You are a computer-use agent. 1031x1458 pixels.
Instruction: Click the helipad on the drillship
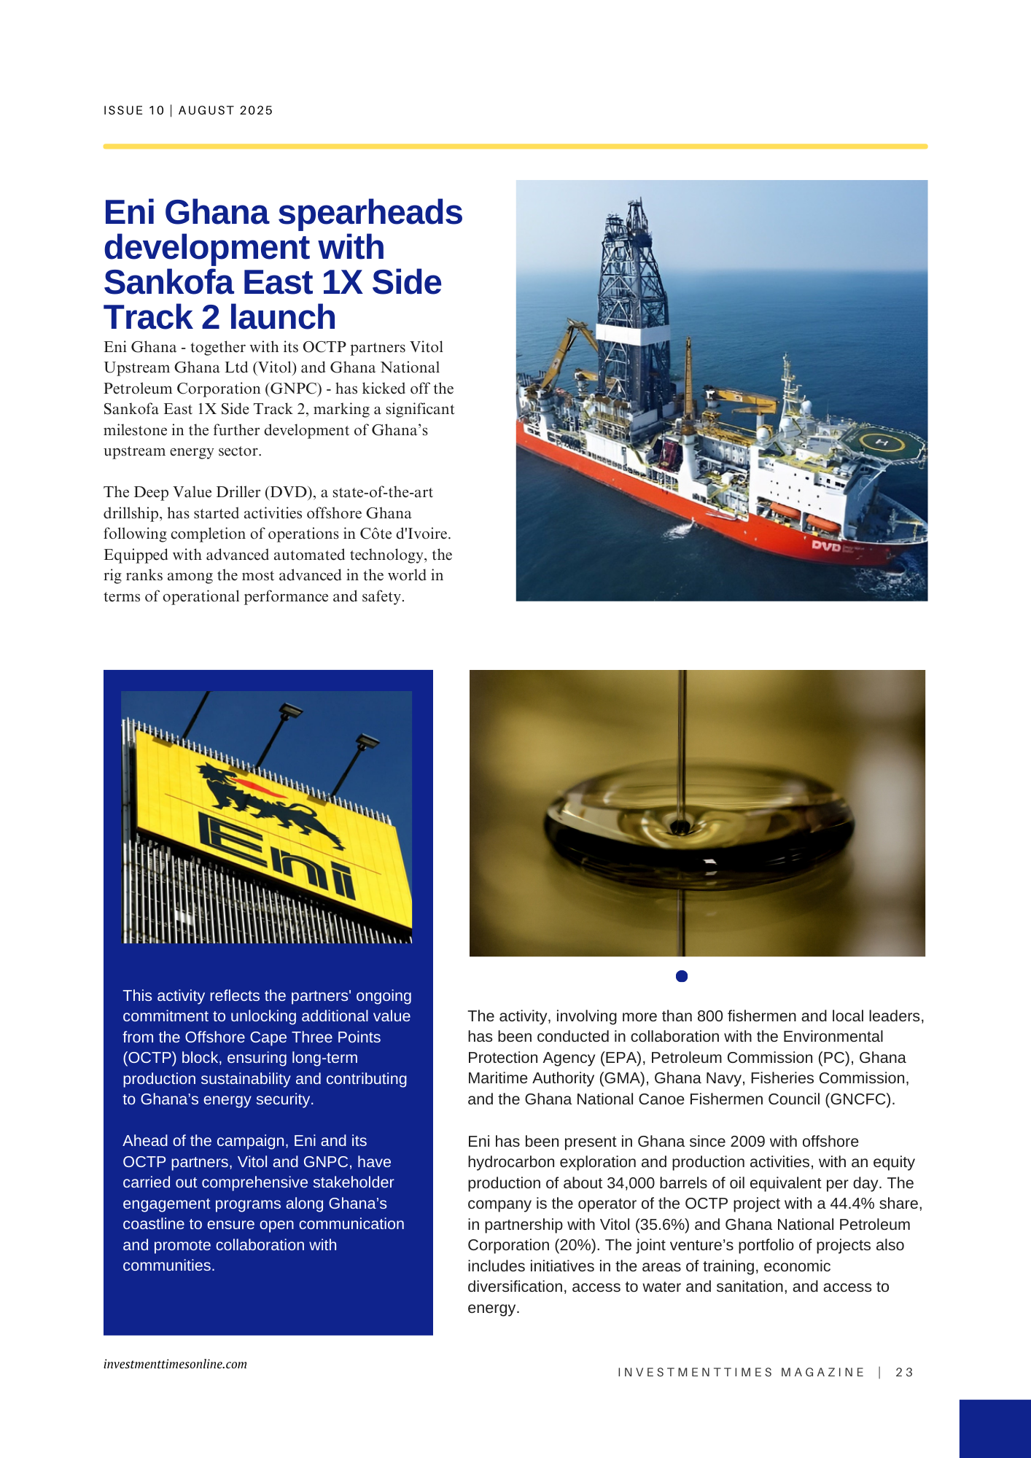tap(882, 442)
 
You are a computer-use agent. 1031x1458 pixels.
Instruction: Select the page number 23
tap(904, 1372)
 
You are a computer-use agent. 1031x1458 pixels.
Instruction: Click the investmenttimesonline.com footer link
tap(175, 1364)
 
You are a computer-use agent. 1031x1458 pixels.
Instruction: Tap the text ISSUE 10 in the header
tap(134, 111)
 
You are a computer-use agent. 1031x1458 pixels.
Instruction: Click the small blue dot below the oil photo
tap(682, 976)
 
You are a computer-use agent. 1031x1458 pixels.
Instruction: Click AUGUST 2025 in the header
tap(225, 111)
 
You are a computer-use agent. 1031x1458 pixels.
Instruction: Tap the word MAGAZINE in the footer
tap(822, 1372)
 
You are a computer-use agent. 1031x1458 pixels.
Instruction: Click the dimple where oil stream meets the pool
tap(680, 827)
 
